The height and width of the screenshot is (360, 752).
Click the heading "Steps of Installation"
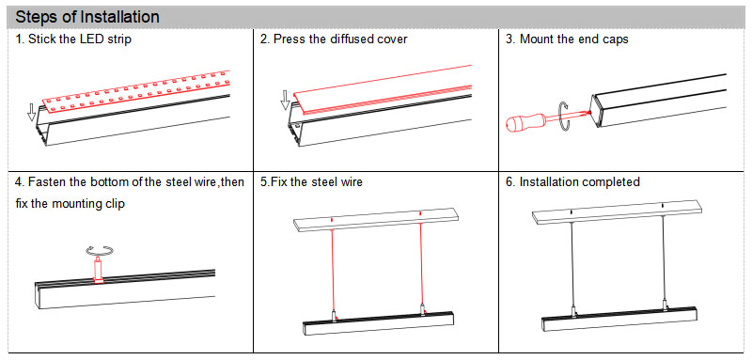pos(87,18)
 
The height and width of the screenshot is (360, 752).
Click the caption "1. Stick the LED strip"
pos(73,40)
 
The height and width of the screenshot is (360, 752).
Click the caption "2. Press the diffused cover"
pos(334,40)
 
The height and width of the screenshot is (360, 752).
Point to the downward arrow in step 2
pos(286,100)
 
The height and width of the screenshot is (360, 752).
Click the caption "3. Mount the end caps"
pos(567,40)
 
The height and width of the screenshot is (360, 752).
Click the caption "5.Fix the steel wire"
pos(311,181)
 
